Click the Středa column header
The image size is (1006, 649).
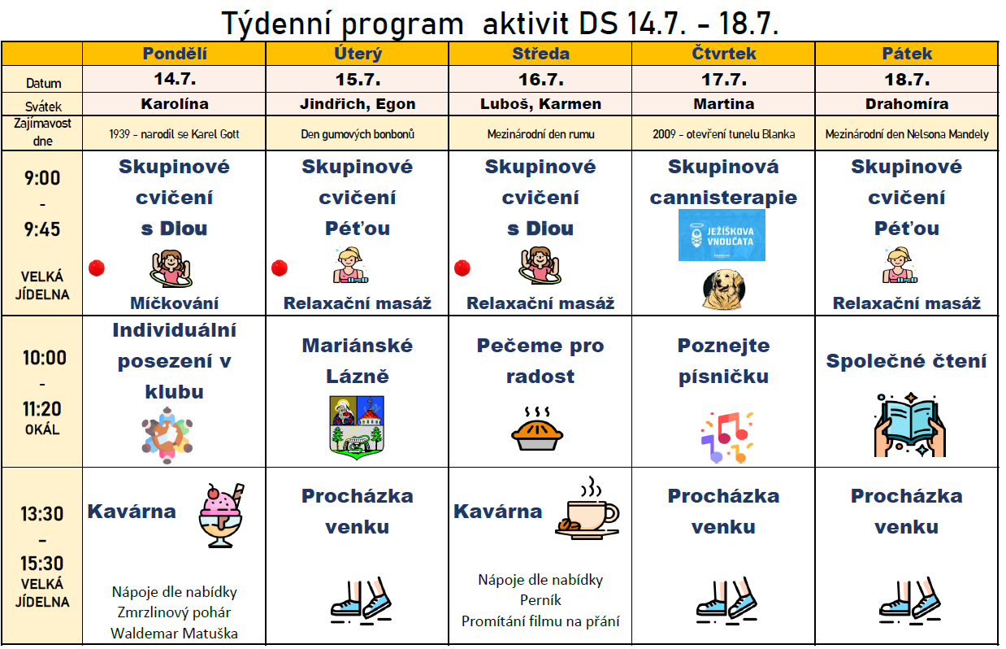[x=540, y=54]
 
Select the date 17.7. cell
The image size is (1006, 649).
[x=724, y=80]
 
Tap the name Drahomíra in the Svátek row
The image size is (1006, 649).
[x=907, y=104]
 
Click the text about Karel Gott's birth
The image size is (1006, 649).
[x=174, y=134]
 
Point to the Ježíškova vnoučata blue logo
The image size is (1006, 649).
[x=722, y=235]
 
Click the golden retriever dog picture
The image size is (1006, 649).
[x=723, y=290]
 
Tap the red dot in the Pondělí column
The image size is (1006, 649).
[x=97, y=268]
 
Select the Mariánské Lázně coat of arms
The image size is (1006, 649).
[x=357, y=428]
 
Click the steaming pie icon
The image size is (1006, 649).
[x=537, y=429]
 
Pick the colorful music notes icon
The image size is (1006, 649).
[x=726, y=438]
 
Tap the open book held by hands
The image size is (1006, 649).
[x=910, y=425]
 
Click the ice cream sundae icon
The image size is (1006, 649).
[x=221, y=516]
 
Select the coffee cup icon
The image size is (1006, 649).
[x=588, y=508]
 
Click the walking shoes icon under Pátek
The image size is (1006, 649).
[x=909, y=601]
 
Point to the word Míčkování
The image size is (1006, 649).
[x=174, y=303]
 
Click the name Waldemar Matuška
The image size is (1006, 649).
[x=174, y=634]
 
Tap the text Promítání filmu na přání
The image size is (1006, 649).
[x=540, y=621]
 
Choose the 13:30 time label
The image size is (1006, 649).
[x=42, y=514]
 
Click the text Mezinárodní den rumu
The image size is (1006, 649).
[x=540, y=134]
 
